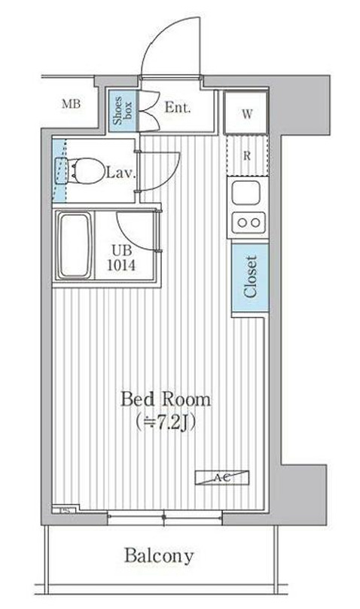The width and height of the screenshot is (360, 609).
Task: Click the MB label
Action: tap(71, 105)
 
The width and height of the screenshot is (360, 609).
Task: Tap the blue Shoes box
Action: tap(120, 110)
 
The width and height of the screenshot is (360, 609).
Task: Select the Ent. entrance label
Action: tap(177, 107)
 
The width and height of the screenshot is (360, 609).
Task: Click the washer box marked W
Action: tap(247, 114)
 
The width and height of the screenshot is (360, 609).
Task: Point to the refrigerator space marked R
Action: tap(247, 157)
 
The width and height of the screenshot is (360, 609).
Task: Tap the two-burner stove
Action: tap(247, 222)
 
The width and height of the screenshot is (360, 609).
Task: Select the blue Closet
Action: tap(249, 276)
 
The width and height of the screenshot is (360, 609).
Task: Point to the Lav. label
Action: tap(120, 173)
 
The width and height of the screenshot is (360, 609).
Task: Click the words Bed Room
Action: tap(166, 399)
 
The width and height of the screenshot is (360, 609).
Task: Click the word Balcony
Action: tap(158, 557)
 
